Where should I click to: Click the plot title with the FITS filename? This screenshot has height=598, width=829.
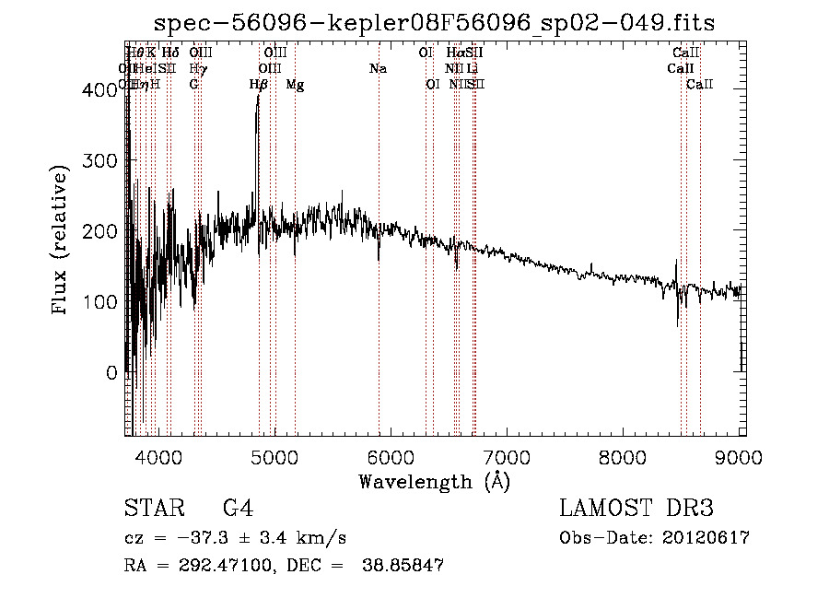point(434,22)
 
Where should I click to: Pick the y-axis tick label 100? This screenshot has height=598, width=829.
point(104,302)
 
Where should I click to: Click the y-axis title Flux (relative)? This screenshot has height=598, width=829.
point(62,241)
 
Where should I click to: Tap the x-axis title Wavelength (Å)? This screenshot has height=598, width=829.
point(434,481)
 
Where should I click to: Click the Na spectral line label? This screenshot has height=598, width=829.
point(378,68)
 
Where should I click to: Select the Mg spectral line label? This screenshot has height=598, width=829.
point(295,85)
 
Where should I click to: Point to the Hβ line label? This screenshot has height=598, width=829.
point(259,85)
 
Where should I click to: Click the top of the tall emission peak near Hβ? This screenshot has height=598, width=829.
point(258,96)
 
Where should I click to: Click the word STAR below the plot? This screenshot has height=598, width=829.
point(153,509)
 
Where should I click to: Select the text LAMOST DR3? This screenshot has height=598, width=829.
point(636,509)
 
